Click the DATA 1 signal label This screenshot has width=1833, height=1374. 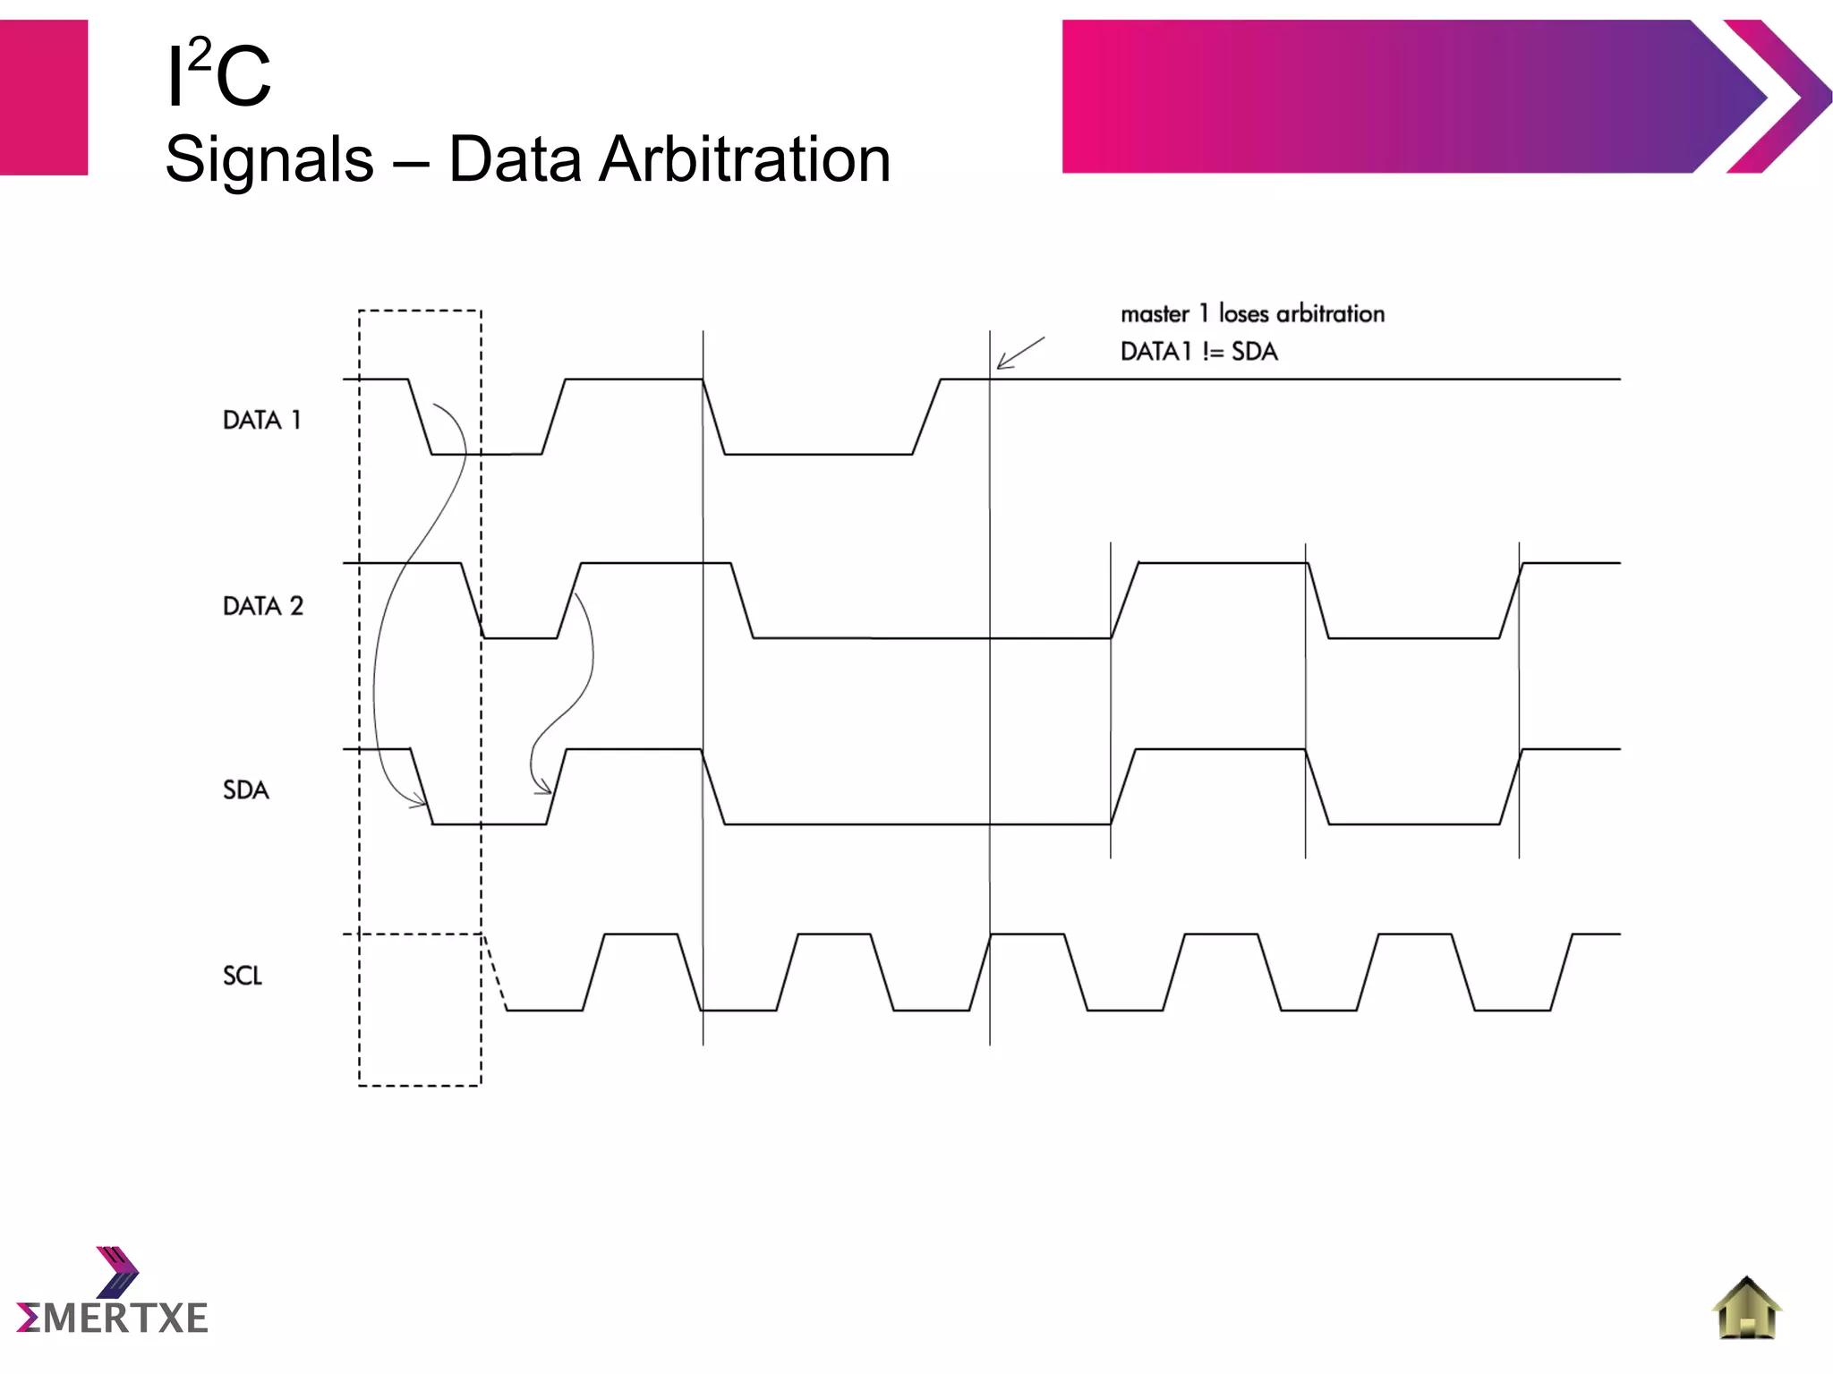coord(261,420)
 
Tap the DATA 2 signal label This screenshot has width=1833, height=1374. coord(263,606)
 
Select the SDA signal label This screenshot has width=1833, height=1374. coord(246,790)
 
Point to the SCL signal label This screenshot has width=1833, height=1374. coord(243,976)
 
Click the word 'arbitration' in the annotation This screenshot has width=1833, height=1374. coord(1330,313)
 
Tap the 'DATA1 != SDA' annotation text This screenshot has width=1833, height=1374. coord(1198,352)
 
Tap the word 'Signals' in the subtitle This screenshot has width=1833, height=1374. coord(269,159)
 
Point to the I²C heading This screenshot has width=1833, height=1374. coord(218,75)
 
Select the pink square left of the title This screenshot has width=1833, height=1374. coord(44,97)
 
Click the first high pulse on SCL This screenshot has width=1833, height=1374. coord(641,934)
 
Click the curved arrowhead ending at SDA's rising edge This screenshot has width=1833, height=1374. coord(542,789)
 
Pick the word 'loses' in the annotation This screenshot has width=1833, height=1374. coord(1244,313)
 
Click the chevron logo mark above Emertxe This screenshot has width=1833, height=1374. coord(117,1271)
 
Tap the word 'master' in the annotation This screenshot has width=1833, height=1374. coord(1155,314)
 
